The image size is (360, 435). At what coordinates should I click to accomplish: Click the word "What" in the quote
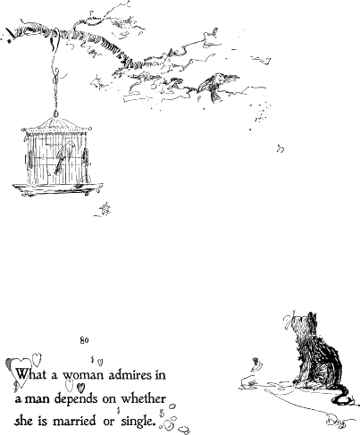coord(31,373)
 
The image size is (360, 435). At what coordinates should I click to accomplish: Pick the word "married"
coord(74,421)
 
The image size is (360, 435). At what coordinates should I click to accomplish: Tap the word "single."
coord(138,422)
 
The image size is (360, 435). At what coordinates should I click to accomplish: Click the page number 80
coord(84,340)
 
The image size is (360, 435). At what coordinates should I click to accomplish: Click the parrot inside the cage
coord(63,158)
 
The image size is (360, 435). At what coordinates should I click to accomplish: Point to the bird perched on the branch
coord(216,85)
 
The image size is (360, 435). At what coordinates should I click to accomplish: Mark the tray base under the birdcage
coord(57,189)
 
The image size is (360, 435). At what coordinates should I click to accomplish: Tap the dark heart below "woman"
coord(80,388)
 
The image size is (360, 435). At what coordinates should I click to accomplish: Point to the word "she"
coord(24,422)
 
